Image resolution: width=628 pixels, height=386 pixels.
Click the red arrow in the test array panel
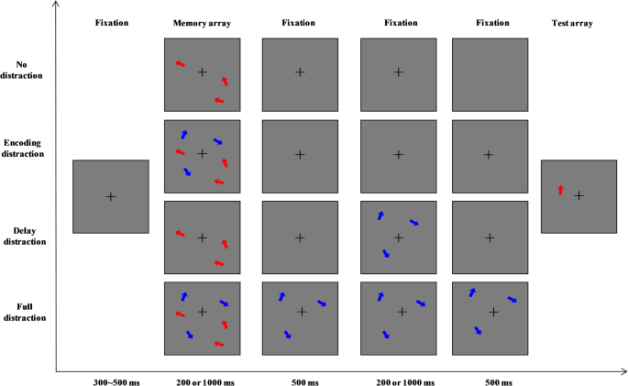[560, 190]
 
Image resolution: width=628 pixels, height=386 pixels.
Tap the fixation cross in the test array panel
[579, 195]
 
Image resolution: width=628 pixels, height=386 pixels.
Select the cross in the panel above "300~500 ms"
[111, 196]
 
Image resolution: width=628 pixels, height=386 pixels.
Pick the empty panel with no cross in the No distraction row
[490, 73]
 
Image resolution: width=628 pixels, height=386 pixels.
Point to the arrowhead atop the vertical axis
[56, 6]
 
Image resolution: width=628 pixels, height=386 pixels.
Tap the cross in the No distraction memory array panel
[203, 72]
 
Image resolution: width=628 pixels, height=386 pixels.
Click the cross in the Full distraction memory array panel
[203, 312]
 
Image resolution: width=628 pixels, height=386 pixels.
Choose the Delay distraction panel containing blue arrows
[398, 237]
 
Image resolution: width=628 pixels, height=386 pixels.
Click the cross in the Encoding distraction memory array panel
[203, 153]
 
